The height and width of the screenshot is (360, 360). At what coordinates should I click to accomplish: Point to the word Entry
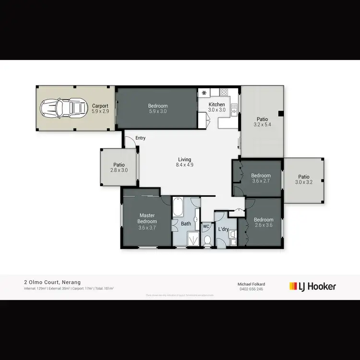pos(140,138)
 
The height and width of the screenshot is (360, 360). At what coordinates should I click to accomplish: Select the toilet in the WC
pos(207,240)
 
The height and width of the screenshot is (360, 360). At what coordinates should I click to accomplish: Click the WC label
pos(206,226)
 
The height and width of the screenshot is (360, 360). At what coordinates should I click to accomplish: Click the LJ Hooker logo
pos(312,287)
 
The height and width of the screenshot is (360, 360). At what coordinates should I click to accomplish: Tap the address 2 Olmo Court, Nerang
pos(53,282)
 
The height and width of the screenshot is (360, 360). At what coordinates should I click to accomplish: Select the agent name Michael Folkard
pos(252,284)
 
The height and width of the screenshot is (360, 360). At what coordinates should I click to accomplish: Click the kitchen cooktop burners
pos(224,92)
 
